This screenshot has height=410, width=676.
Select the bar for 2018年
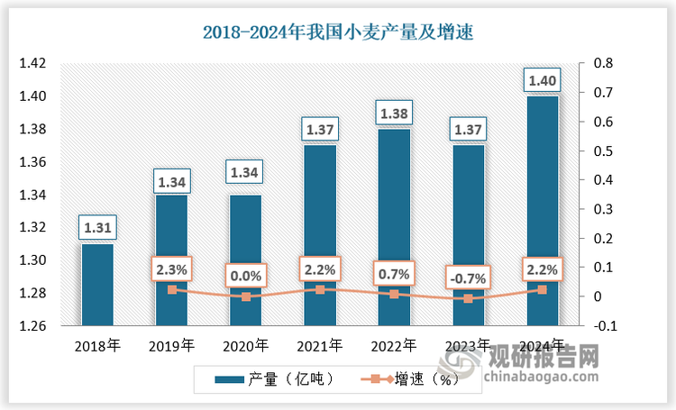coord(98,284)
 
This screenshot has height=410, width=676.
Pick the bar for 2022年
coord(395,226)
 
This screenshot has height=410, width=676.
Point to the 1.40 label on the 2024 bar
coord(543,81)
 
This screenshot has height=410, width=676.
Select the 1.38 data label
coord(395,114)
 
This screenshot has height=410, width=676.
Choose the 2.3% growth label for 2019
coord(172,269)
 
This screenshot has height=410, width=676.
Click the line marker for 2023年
coord(469,298)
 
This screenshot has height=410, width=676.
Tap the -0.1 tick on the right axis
coord(603,326)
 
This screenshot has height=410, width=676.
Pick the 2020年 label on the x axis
coord(246,345)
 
